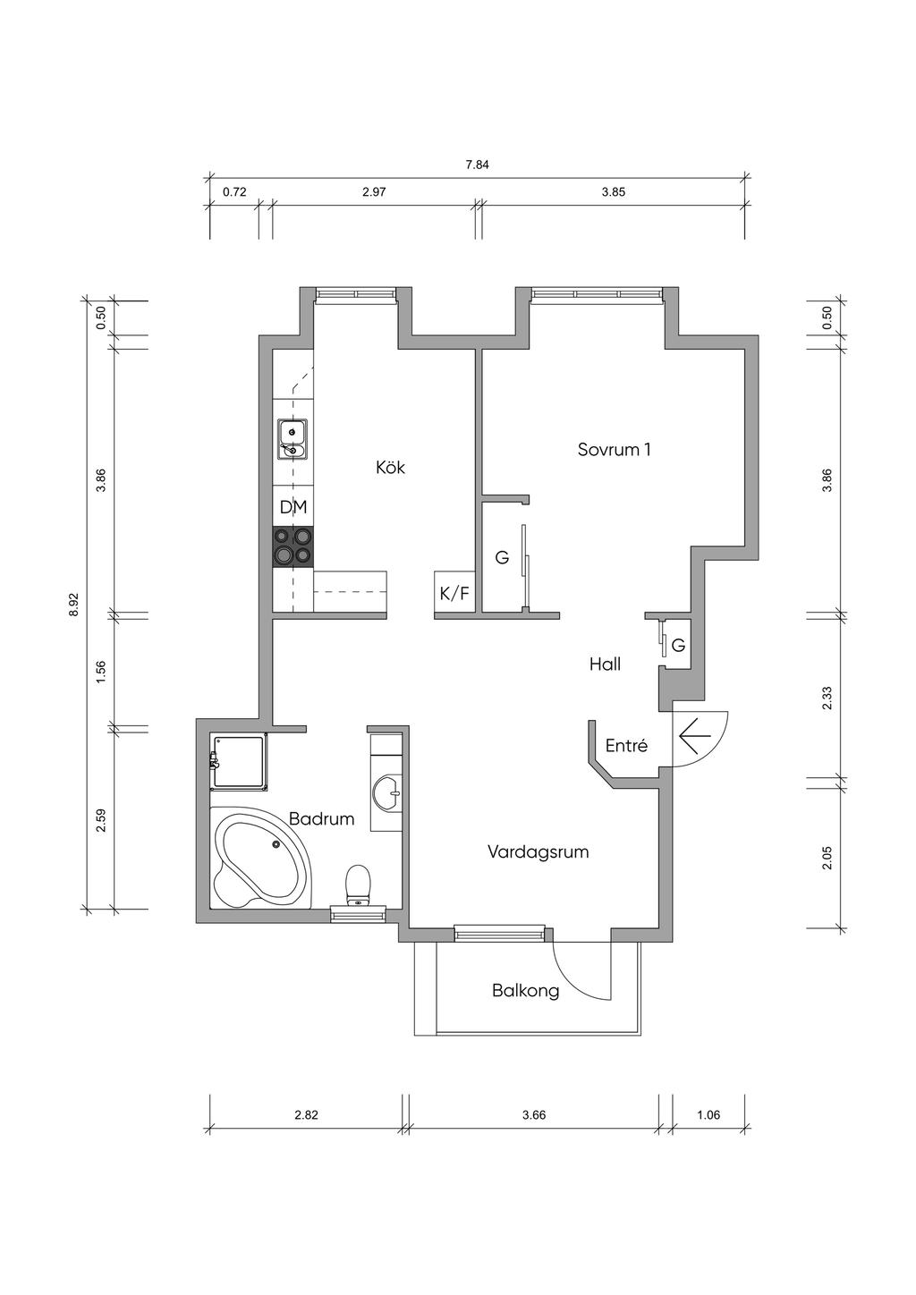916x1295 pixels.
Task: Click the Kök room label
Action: [x=390, y=467]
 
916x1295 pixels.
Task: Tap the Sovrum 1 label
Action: [x=615, y=449]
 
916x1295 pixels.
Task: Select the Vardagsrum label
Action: [x=538, y=851]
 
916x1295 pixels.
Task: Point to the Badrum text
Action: [x=321, y=818]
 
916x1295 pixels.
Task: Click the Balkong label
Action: [x=526, y=991]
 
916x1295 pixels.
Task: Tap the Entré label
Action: [x=626, y=745]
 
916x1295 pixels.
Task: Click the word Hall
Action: [x=605, y=664]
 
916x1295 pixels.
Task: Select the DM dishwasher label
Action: [x=293, y=507]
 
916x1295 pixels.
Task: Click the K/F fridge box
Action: [x=454, y=591]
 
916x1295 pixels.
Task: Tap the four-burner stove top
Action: [x=293, y=546]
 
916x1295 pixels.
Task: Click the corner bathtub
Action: [x=262, y=858]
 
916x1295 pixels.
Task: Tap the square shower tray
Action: [x=240, y=762]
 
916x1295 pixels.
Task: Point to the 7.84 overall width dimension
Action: [x=478, y=165]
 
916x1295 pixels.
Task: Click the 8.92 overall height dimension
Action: [x=72, y=605]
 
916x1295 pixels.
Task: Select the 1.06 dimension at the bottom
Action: [x=708, y=1114]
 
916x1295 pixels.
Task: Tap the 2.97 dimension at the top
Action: [x=374, y=192]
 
